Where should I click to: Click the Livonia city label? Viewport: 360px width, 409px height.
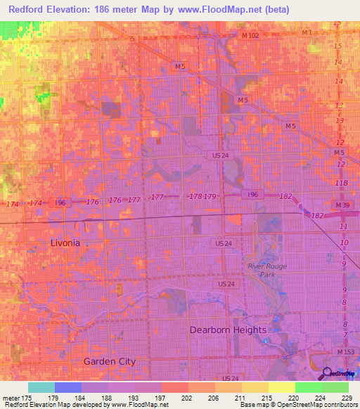pyautogui.click(x=65, y=242)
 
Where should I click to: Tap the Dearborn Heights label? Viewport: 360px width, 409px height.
pyautogui.click(x=228, y=330)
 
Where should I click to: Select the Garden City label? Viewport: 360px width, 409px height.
pyautogui.click(x=109, y=361)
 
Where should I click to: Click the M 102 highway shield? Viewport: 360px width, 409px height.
pyautogui.click(x=250, y=35)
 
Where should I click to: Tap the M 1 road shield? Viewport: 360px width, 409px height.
pyautogui.click(x=307, y=33)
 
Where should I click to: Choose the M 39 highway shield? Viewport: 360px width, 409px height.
pyautogui.click(x=342, y=204)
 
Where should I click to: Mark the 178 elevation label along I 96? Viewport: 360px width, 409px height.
pyautogui.click(x=195, y=197)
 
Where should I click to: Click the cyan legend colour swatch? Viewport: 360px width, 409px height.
pyautogui.click(x=41, y=387)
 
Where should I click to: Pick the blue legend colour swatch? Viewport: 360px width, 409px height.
pyautogui.click(x=68, y=387)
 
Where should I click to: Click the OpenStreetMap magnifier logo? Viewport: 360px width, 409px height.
pyautogui.click(x=328, y=373)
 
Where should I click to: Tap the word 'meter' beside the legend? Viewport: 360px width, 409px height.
pyautogui.click(x=11, y=398)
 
